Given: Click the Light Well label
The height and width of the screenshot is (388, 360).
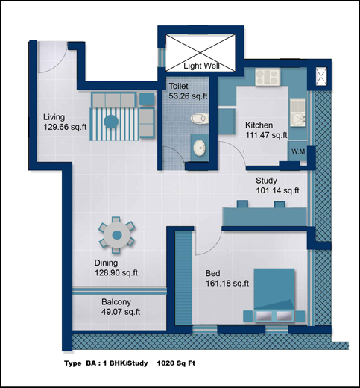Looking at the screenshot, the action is [x=201, y=66].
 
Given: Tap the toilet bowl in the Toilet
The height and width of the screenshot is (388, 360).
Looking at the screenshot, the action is [x=200, y=119].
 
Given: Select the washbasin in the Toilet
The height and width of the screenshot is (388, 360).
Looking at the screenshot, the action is [x=200, y=148].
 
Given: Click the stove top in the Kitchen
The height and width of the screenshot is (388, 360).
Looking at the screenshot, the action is [x=268, y=77].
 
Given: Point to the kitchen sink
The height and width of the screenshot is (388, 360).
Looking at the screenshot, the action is [x=297, y=113].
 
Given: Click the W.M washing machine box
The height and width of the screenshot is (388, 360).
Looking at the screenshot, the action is [x=297, y=151].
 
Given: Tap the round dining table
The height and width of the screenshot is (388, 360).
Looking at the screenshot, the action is [x=117, y=235].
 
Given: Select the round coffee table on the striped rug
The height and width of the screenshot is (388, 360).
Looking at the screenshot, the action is [x=111, y=122].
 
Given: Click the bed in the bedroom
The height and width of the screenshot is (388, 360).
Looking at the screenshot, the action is [x=274, y=295].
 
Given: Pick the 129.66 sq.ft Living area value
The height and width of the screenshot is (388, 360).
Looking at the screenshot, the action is [x=65, y=127].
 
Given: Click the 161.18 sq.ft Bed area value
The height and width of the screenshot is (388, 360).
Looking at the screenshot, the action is [x=227, y=284].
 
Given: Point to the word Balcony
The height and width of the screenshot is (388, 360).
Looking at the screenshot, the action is [x=116, y=302].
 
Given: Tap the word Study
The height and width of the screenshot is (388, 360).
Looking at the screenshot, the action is [x=266, y=181].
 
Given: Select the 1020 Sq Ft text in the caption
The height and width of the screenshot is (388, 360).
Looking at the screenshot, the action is [x=176, y=363].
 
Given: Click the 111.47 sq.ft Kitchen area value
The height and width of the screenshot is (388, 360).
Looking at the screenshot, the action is [x=267, y=135].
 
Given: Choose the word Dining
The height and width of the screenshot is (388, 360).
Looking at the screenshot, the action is [x=106, y=263].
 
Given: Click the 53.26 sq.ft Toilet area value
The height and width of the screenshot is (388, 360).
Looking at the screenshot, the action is [x=188, y=96].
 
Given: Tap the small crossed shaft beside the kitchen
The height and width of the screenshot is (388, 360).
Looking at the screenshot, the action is [x=321, y=76].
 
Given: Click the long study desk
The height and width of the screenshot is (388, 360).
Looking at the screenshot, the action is [x=265, y=217].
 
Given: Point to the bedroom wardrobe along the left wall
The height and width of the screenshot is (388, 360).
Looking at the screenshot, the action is [x=183, y=278].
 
